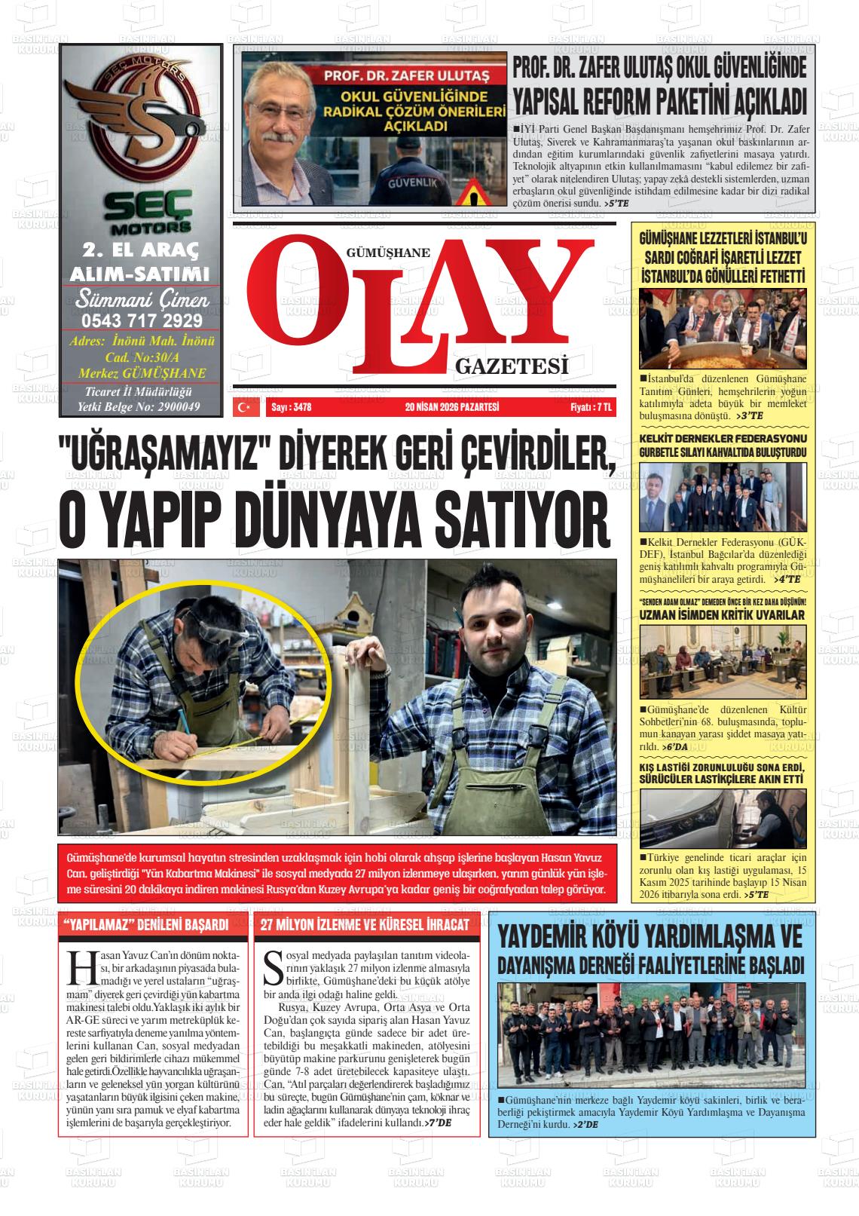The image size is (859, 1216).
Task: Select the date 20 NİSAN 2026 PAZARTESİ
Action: (x=452, y=407)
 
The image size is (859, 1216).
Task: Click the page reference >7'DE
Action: (x=438, y=1123)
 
